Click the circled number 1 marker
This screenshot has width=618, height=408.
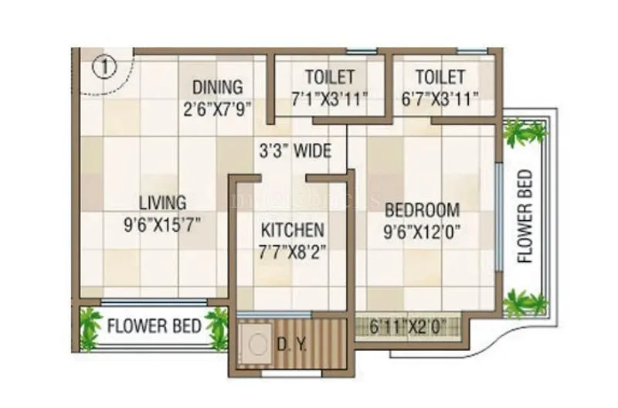104,66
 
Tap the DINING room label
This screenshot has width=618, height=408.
217,87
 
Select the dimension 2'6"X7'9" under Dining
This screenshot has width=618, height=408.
217,109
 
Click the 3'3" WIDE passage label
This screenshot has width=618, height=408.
294,150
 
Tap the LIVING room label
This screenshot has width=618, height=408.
162,203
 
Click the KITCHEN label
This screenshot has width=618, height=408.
292,230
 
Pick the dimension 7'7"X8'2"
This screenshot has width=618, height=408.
292,252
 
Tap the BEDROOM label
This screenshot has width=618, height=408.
423,209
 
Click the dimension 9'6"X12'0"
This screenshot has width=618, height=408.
423,232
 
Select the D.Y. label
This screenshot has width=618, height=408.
291,343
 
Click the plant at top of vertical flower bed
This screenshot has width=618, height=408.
525,132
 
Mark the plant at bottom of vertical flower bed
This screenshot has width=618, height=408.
525,302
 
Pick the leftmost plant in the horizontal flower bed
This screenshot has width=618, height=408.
90,327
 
